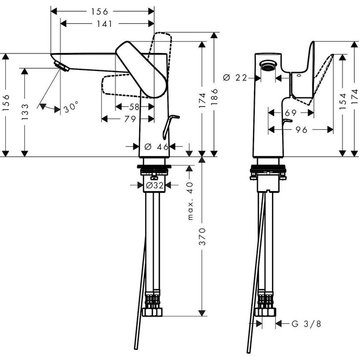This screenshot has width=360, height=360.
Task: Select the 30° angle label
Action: (71, 107)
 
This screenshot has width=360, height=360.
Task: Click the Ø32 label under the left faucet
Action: (154, 185)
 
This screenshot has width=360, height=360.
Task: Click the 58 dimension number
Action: (134, 107)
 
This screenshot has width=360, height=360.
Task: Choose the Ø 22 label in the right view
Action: (235, 77)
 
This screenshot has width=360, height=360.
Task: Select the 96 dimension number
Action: (302, 129)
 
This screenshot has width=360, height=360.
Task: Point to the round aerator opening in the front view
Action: (269, 66)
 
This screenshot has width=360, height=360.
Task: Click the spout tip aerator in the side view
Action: (62, 66)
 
